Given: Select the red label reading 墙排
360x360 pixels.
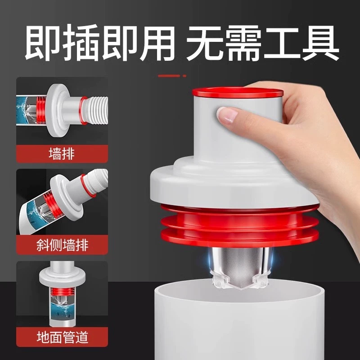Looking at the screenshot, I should pyautogui.click(x=62, y=154).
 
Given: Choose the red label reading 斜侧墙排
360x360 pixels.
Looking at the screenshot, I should pyautogui.click(x=62, y=246).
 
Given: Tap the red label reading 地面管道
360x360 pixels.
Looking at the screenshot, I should pyautogui.click(x=62, y=337).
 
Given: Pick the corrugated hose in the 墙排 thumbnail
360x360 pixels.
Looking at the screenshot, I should pyautogui.click(x=97, y=110).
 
